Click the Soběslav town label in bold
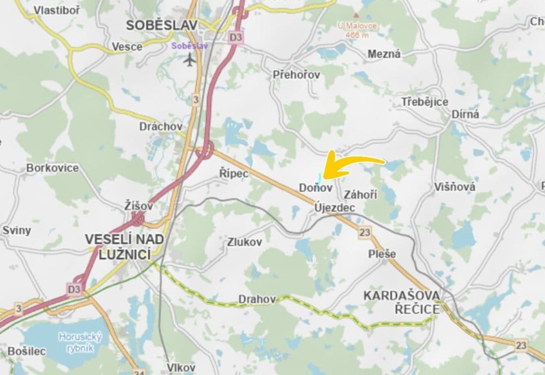[162, 25]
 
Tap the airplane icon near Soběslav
[190, 60]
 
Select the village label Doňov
[315, 188]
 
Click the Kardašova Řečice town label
[402, 302]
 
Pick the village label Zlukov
[244, 242]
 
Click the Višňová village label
[454, 187]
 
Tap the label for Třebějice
[424, 102]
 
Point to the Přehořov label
[296, 75]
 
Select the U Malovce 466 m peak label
[356, 30]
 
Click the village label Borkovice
[53, 168]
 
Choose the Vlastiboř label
[57, 10]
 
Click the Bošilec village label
[26, 351]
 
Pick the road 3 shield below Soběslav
[196, 99]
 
